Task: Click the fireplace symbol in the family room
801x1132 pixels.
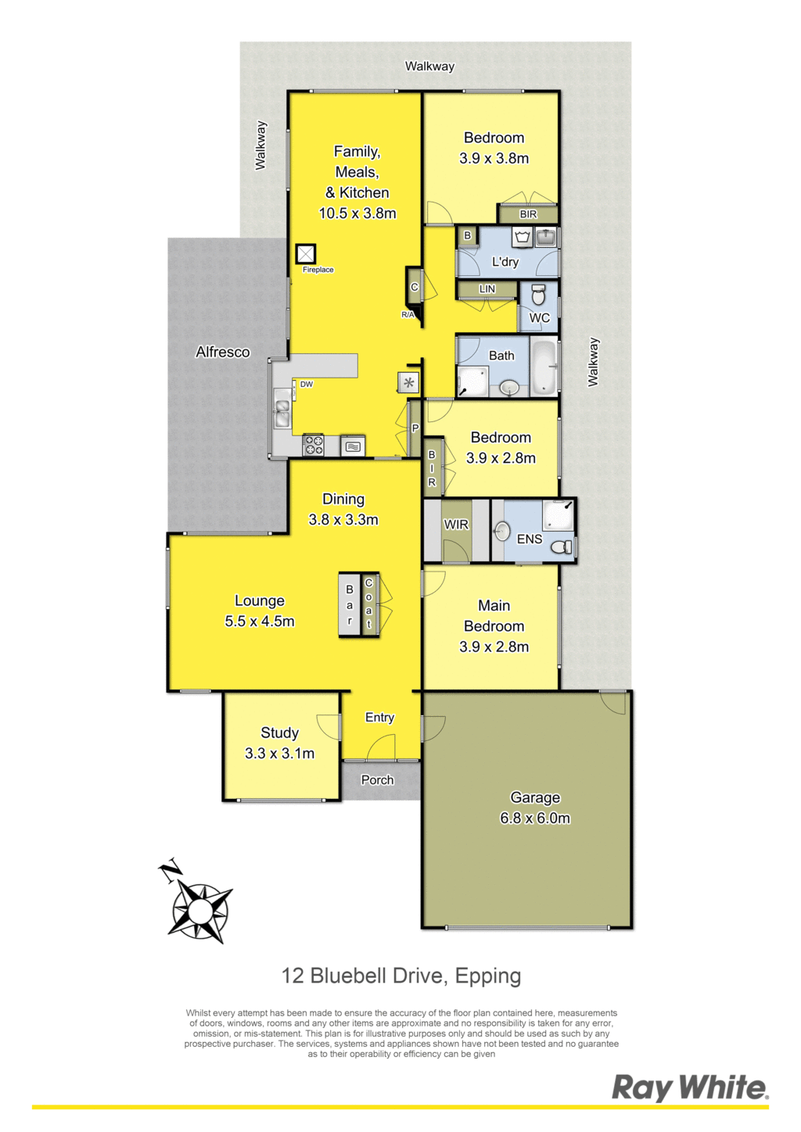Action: click(305, 254)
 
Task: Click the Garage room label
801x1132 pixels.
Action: click(535, 797)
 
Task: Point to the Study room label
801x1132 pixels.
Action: click(279, 733)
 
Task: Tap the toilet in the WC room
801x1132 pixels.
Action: click(538, 296)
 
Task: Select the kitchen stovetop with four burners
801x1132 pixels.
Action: click(313, 446)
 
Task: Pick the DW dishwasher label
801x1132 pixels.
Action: click(307, 385)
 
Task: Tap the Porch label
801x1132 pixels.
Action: click(377, 780)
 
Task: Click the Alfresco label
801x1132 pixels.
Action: click(222, 352)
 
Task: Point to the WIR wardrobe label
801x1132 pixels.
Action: click(456, 525)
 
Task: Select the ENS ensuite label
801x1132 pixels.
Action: click(530, 539)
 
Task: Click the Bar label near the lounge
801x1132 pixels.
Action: click(350, 605)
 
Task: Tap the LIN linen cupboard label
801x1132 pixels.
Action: click(487, 289)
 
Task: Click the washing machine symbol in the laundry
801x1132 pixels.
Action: click(523, 237)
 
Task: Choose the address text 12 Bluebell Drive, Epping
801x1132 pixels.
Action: click(401, 976)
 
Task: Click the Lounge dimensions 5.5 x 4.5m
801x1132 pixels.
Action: click(260, 621)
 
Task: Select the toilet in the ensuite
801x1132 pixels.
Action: click(561, 546)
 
